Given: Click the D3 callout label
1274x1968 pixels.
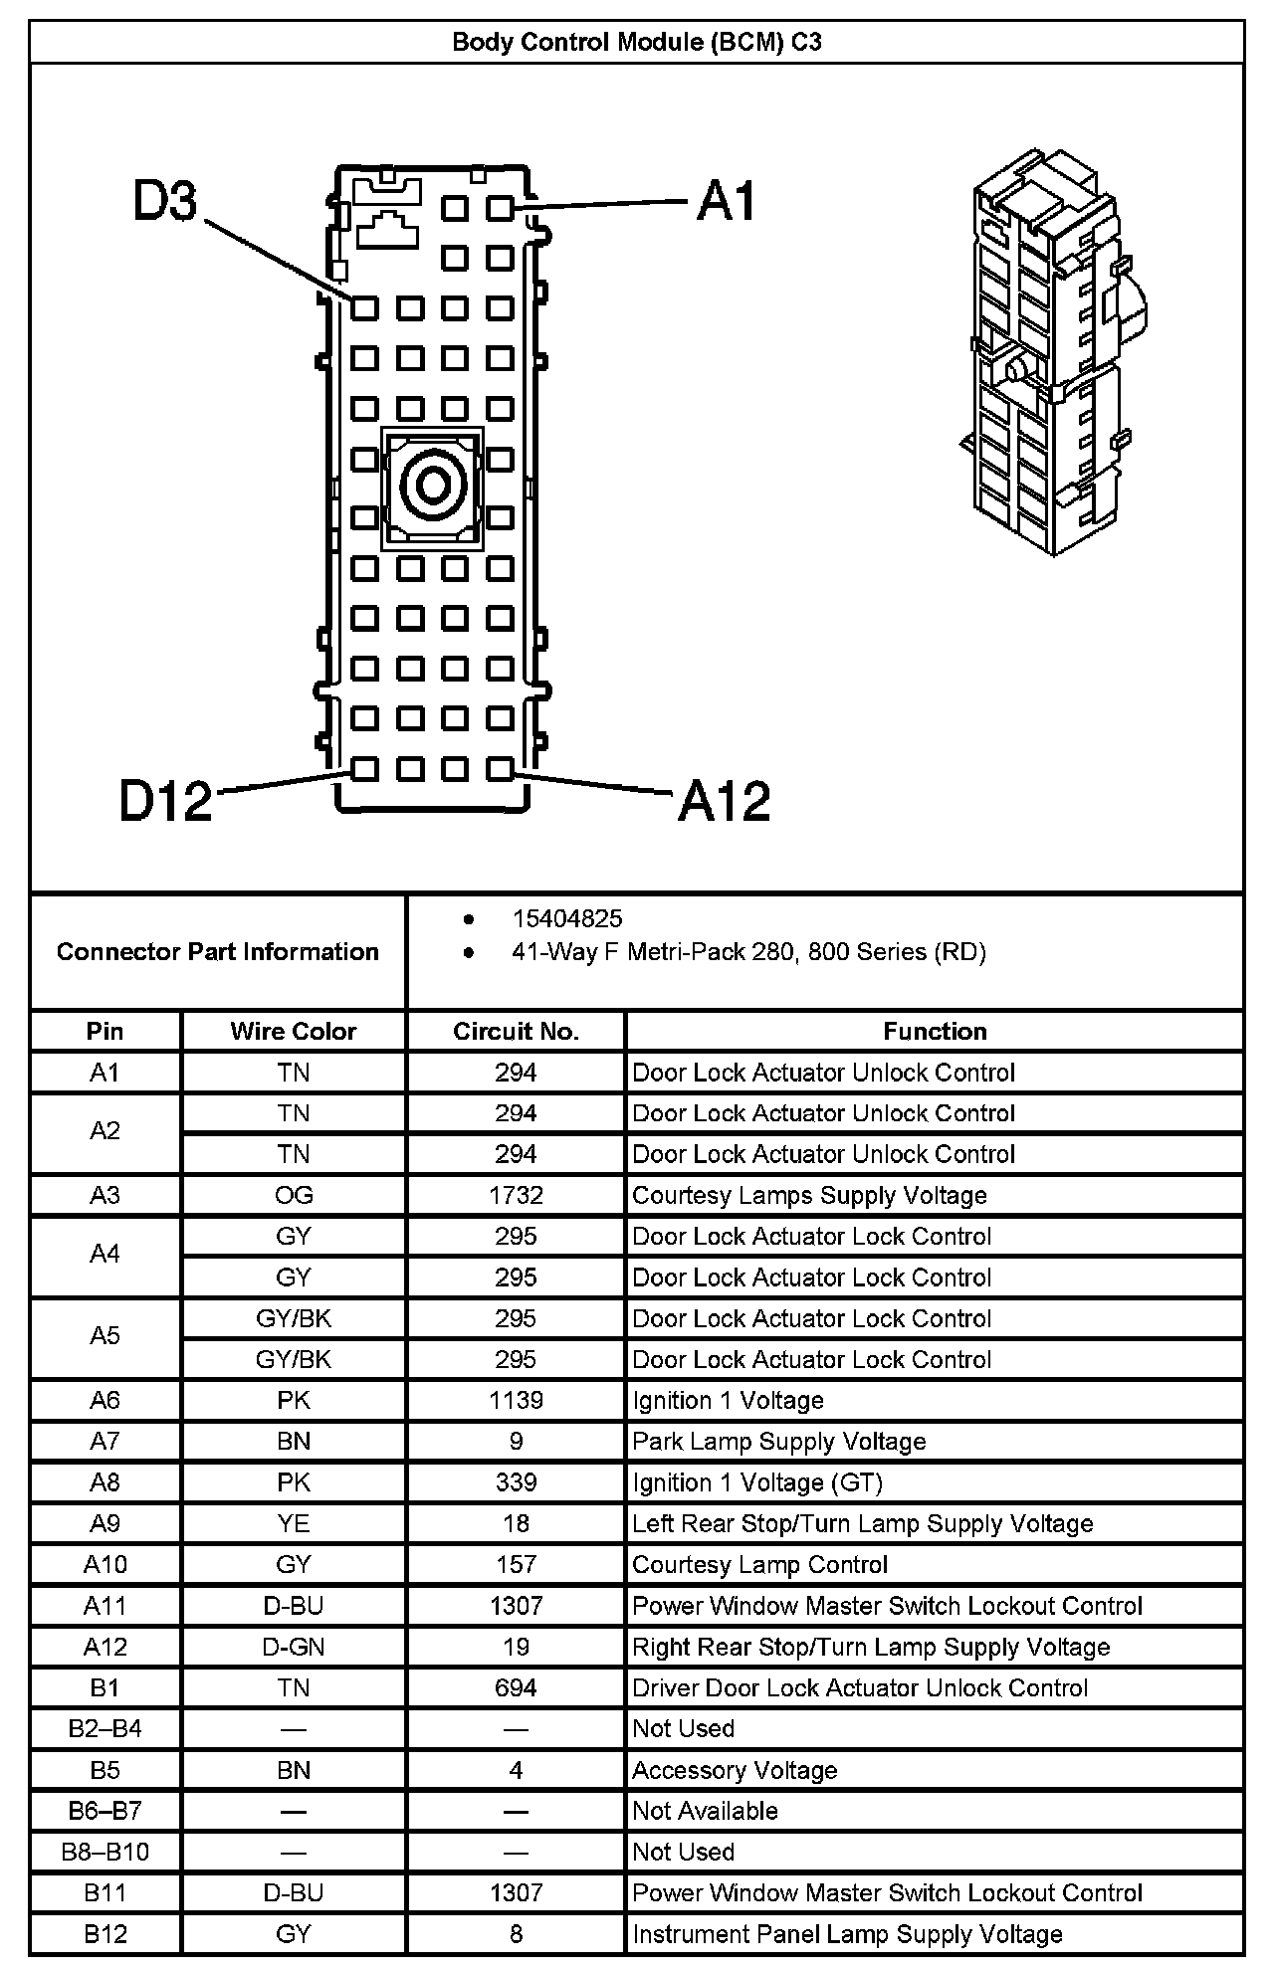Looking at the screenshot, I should pos(166,202).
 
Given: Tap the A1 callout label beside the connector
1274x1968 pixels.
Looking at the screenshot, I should pos(727,201).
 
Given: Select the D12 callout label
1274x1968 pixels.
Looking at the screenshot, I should pos(165,801).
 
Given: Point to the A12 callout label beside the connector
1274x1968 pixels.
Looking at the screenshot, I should pos(724,801).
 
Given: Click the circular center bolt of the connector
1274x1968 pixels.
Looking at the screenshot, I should pos(433,487).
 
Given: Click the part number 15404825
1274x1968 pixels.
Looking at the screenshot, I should pos(567,918).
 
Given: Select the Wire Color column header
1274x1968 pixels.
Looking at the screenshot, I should pos(294,1031).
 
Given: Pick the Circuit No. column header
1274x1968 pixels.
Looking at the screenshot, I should pos(516,1031).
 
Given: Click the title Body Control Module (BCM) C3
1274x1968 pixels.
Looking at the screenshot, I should pos(637,42).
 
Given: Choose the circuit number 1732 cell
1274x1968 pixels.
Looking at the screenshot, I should pos(516,1195).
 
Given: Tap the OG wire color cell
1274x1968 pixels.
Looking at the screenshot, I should pos(294,1195).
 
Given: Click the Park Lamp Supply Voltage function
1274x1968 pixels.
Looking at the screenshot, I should pos(779,1441).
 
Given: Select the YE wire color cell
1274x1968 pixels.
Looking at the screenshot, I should pos(294,1523).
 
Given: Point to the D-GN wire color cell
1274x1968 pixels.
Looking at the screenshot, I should pos(294,1647).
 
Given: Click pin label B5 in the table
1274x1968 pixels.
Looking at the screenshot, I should pos(105,1770).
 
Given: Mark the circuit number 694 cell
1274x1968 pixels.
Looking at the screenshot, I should pos(516,1687).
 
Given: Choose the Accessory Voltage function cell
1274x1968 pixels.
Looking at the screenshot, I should pos(735,1770).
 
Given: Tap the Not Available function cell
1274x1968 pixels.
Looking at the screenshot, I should pos(705,1811).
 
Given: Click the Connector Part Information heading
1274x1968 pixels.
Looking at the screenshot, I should pos(218,952).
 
